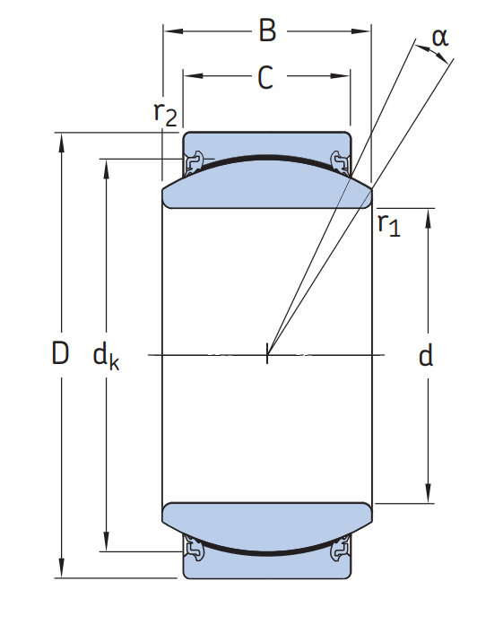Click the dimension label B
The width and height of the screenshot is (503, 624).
coord(267,30)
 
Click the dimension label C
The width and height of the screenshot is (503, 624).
coord(265,77)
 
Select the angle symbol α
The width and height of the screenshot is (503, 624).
coord(440,38)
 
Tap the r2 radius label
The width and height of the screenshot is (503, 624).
coord(165,114)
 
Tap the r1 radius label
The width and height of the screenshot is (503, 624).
coord(389,224)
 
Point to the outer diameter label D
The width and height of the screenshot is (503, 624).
coord(60,353)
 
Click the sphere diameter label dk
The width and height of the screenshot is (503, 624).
coord(106,357)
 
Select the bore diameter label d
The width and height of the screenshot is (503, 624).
coord(425,355)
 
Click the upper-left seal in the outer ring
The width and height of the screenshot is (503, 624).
coord(194,163)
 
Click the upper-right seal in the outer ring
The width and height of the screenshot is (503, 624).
coord(341,163)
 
